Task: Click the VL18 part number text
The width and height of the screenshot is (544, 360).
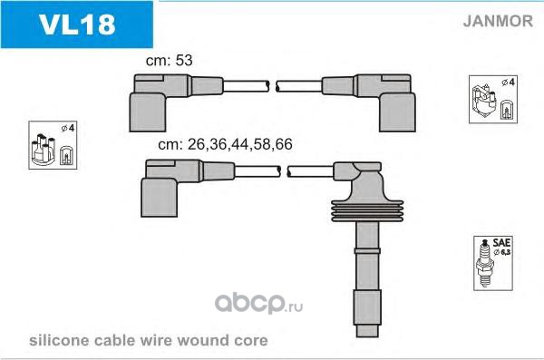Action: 77,24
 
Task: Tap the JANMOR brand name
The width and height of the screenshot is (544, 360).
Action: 498,21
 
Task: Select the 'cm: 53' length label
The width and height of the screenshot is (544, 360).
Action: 169,61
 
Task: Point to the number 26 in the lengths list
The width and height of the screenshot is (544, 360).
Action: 196,144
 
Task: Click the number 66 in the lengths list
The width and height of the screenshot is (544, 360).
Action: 284,144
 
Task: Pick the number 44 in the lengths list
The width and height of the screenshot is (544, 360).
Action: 239,144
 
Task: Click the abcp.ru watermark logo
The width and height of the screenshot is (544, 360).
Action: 258,304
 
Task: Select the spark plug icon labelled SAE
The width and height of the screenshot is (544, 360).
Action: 485,263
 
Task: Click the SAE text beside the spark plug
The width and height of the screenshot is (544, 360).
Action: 501,242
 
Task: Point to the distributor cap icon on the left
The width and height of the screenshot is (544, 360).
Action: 43,150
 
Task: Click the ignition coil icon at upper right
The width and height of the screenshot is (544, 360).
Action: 484,101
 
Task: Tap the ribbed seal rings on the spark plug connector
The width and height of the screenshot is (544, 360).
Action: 367,210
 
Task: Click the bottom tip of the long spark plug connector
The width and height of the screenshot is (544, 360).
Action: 367,336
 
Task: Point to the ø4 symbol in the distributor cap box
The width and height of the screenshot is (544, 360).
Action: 68,128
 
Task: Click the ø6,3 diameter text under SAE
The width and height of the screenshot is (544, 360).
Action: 502,252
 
